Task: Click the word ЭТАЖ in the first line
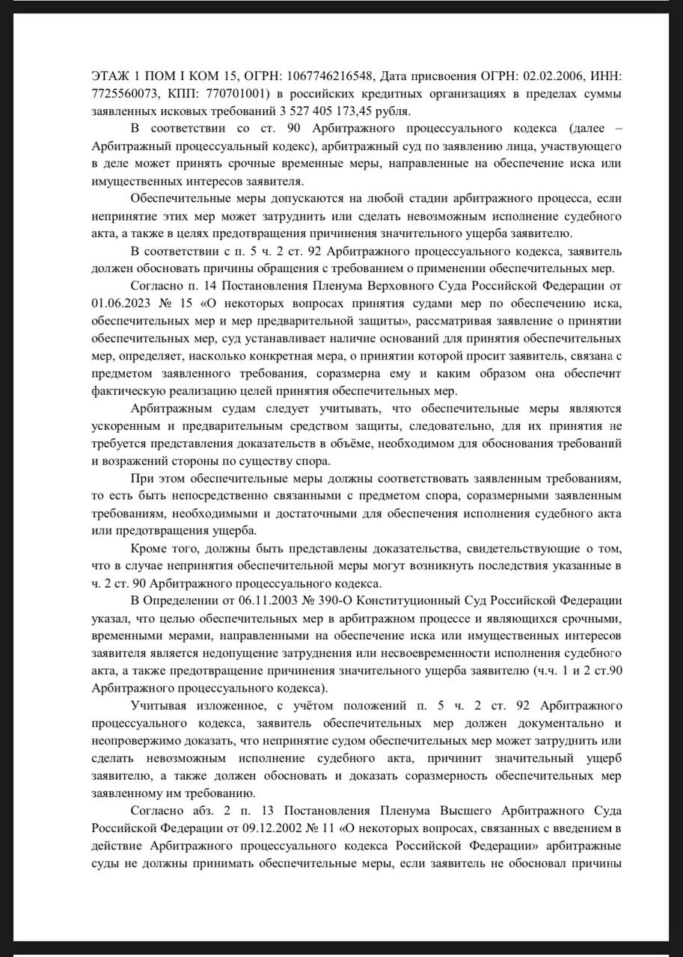(109, 77)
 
